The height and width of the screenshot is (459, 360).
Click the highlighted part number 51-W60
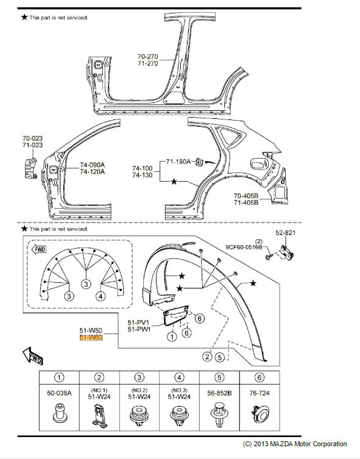(91, 336)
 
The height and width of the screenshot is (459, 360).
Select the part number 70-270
(147, 56)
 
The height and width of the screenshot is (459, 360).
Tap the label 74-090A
(93, 165)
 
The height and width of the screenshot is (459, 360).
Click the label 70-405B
(246, 196)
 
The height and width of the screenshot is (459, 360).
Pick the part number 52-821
(284, 233)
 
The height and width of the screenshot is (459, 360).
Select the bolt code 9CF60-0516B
(244, 247)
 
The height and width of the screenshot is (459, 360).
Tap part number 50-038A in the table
(60, 393)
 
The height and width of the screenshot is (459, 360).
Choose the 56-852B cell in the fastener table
(220, 393)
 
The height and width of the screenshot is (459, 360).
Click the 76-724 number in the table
(259, 393)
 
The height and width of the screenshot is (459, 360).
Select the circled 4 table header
(180, 377)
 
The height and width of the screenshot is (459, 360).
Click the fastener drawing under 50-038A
(60, 419)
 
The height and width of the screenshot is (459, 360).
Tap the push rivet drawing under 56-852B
(220, 419)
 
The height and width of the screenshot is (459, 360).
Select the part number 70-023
(33, 138)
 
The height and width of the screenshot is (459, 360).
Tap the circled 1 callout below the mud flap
(173, 335)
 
